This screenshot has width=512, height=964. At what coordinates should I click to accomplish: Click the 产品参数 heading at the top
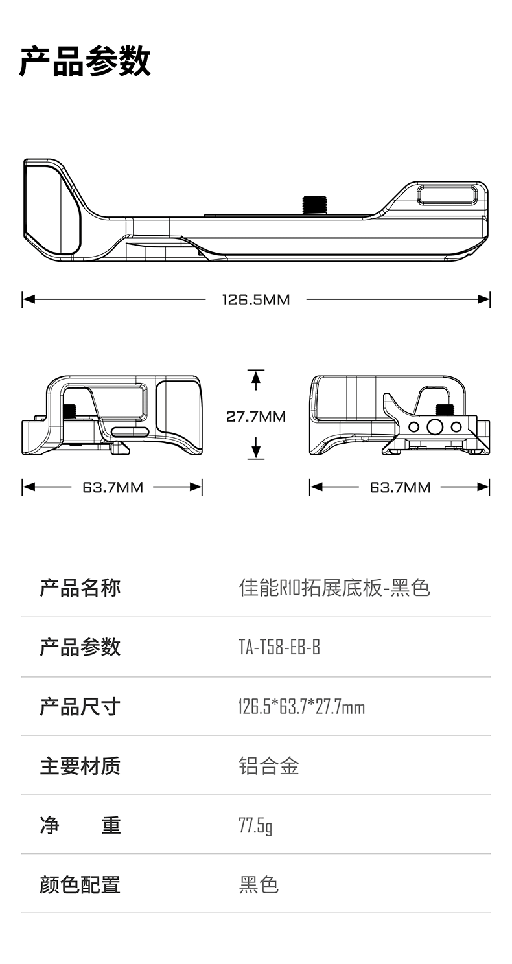point(85,62)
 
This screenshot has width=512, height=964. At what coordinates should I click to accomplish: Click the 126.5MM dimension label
point(256,299)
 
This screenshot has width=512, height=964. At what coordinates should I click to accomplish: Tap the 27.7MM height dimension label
point(256,416)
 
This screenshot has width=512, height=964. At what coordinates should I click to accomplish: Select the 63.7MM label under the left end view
point(112,487)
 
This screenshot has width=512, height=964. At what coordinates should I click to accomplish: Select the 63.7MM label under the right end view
point(400,487)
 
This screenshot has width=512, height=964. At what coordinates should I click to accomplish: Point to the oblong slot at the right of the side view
point(447,194)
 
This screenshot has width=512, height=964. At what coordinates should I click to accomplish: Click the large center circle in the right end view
point(434,427)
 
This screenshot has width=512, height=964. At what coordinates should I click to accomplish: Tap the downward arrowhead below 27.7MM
point(256,452)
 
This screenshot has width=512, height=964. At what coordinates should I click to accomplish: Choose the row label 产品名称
point(80,588)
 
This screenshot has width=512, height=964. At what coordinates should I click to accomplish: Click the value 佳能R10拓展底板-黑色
point(334,588)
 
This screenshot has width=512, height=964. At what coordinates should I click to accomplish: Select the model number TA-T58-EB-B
point(279,647)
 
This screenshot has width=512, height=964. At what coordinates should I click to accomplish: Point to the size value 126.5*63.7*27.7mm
point(302,707)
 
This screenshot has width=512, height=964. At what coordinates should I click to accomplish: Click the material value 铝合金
point(269,766)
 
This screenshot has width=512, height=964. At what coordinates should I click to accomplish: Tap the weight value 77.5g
point(255,825)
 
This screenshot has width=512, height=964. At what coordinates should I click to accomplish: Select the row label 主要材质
point(80,766)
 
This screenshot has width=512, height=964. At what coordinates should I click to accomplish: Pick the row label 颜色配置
point(80,885)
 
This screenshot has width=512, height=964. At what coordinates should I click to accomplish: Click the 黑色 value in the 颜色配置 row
point(259,885)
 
